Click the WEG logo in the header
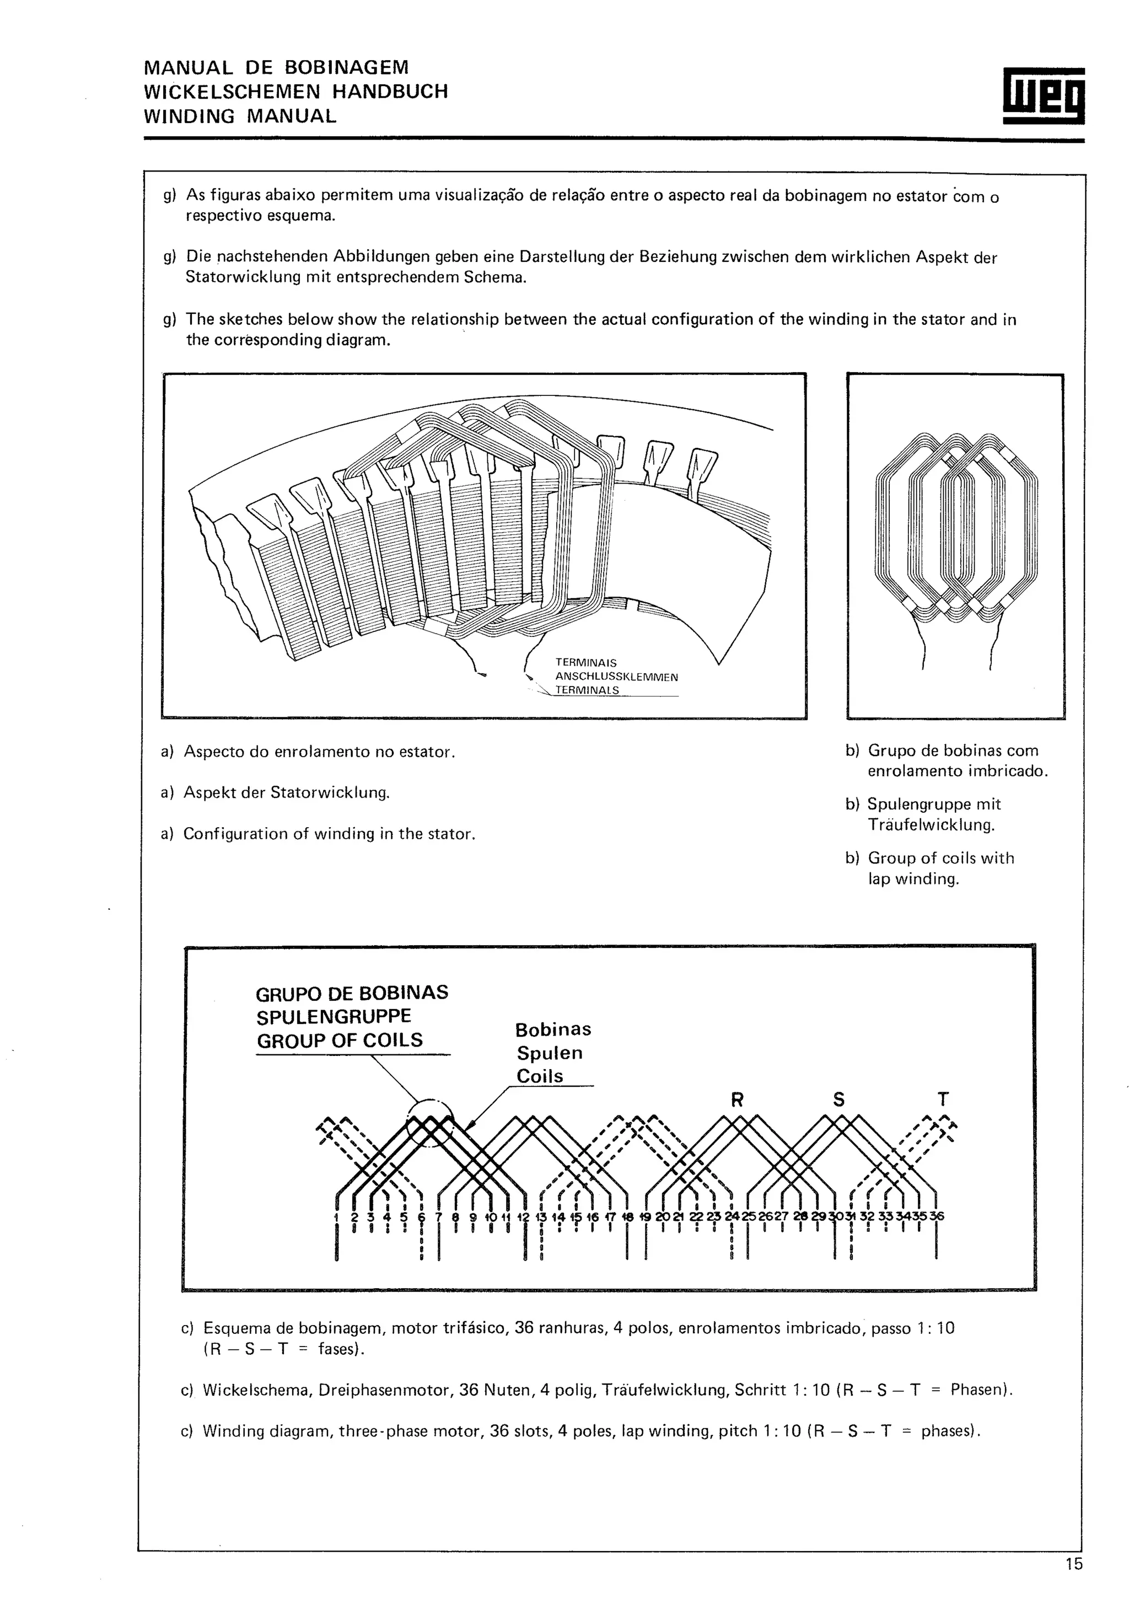(1044, 96)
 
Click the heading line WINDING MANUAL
(240, 116)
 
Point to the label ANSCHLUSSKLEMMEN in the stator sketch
(616, 677)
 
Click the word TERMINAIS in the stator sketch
(585, 663)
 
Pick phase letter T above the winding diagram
(943, 1100)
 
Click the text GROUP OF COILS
(340, 1041)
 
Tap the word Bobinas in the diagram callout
(553, 1029)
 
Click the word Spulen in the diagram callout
(550, 1053)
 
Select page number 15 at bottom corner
(1073, 1564)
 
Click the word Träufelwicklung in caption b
(931, 825)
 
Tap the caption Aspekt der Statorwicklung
(286, 793)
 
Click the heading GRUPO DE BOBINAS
(352, 993)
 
